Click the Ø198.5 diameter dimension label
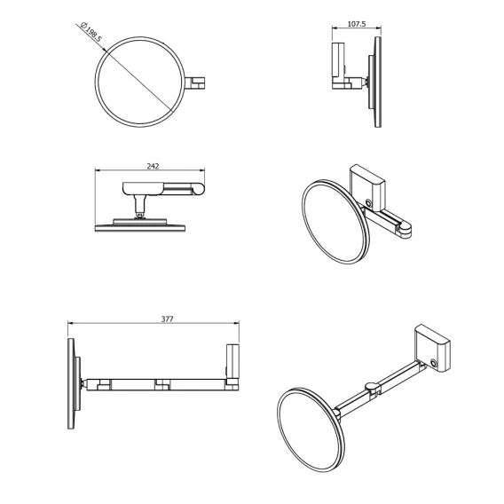91,32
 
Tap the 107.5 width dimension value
357,24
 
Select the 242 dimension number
153,166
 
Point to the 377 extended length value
167,319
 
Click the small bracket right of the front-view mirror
195,83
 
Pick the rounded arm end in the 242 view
200,188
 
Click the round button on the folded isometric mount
368,203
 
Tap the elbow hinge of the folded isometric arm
405,228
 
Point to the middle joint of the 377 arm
162,385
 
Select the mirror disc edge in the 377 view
71,383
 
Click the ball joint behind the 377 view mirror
83,384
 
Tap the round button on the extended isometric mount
434,363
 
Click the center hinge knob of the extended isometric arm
372,386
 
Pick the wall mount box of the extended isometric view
431,348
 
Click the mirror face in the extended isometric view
309,429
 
